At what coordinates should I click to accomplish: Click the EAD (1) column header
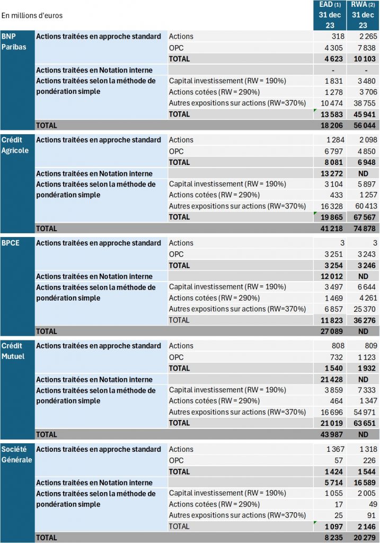click(x=330, y=15)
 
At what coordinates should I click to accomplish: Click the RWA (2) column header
click(x=363, y=15)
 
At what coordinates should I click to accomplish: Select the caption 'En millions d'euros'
click(x=32, y=15)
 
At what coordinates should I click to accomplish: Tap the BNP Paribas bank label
click(x=14, y=41)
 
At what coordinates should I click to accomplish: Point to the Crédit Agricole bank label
click(x=15, y=145)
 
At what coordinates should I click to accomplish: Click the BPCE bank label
click(x=11, y=243)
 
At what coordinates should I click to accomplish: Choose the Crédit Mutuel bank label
click(x=13, y=351)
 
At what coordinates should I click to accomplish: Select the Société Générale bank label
click(x=16, y=454)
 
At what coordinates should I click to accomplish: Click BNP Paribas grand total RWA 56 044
click(x=365, y=125)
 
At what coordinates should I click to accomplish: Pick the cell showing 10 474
click(x=332, y=103)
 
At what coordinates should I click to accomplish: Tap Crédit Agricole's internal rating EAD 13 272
click(x=332, y=173)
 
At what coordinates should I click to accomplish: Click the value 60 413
click(x=366, y=206)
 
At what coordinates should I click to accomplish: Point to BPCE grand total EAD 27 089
click(x=332, y=331)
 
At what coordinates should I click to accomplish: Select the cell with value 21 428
click(x=332, y=380)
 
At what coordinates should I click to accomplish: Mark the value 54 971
click(x=365, y=412)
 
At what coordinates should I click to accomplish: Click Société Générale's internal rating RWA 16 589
click(x=365, y=483)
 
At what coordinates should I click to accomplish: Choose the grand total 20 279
click(x=365, y=538)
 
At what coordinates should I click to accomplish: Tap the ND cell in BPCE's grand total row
click(x=363, y=331)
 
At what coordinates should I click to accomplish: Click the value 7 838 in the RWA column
click(x=367, y=48)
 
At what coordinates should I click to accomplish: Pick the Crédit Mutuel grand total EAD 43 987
click(x=332, y=434)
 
